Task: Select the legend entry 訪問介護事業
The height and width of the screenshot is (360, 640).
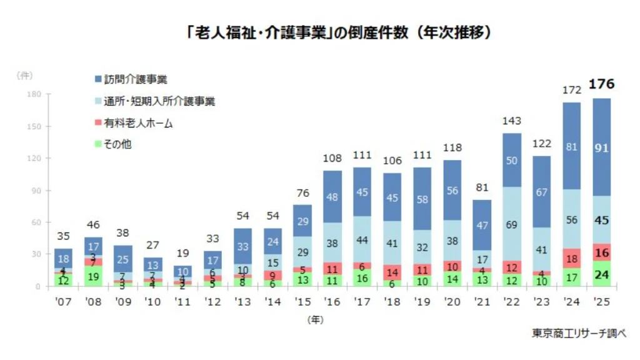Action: (x=131, y=80)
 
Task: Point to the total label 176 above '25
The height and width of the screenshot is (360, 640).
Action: (x=602, y=84)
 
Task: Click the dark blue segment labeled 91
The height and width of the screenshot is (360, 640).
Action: (x=602, y=147)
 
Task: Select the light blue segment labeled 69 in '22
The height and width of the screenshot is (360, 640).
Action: (x=511, y=224)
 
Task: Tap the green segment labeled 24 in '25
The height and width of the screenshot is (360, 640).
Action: (x=602, y=274)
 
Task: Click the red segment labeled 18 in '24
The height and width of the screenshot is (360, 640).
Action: (x=571, y=258)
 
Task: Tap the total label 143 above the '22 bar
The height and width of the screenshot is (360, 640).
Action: (x=511, y=121)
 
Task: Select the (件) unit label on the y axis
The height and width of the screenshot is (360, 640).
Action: (x=25, y=75)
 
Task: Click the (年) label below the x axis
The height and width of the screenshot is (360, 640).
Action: (x=316, y=320)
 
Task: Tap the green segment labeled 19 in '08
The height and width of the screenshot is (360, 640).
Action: (x=94, y=276)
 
